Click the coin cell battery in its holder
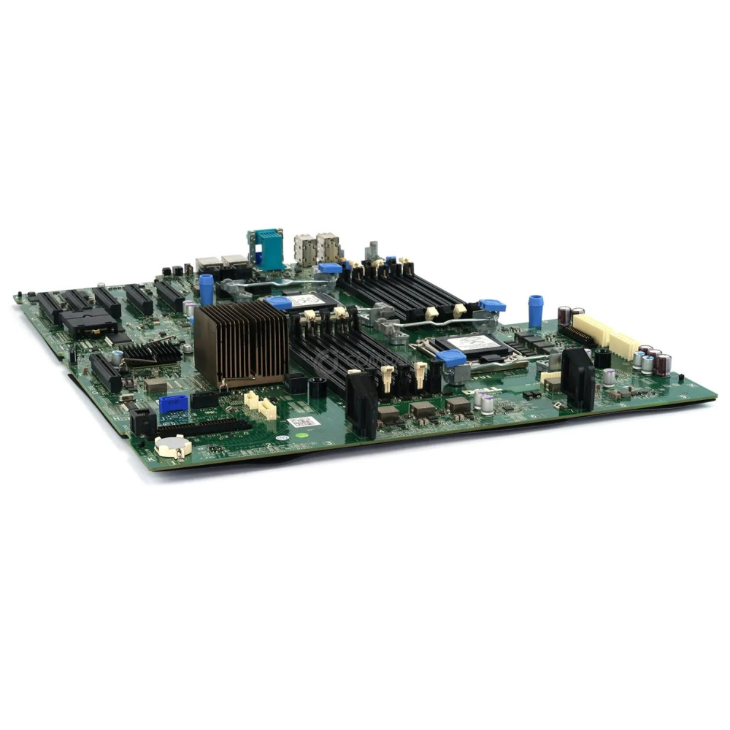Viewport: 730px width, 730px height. (x=172, y=446)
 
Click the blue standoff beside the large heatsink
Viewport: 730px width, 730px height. (x=207, y=289)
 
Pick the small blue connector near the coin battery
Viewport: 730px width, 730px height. (x=173, y=404)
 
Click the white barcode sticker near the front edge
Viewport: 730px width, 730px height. (x=304, y=422)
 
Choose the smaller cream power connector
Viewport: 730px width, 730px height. (x=624, y=345)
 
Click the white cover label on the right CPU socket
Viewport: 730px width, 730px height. (x=473, y=342)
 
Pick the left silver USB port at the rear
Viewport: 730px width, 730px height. (x=304, y=248)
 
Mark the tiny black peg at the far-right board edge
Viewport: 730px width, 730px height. (x=680, y=378)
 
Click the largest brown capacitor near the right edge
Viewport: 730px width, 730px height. (x=662, y=364)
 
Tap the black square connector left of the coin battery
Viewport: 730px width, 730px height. (x=142, y=421)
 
